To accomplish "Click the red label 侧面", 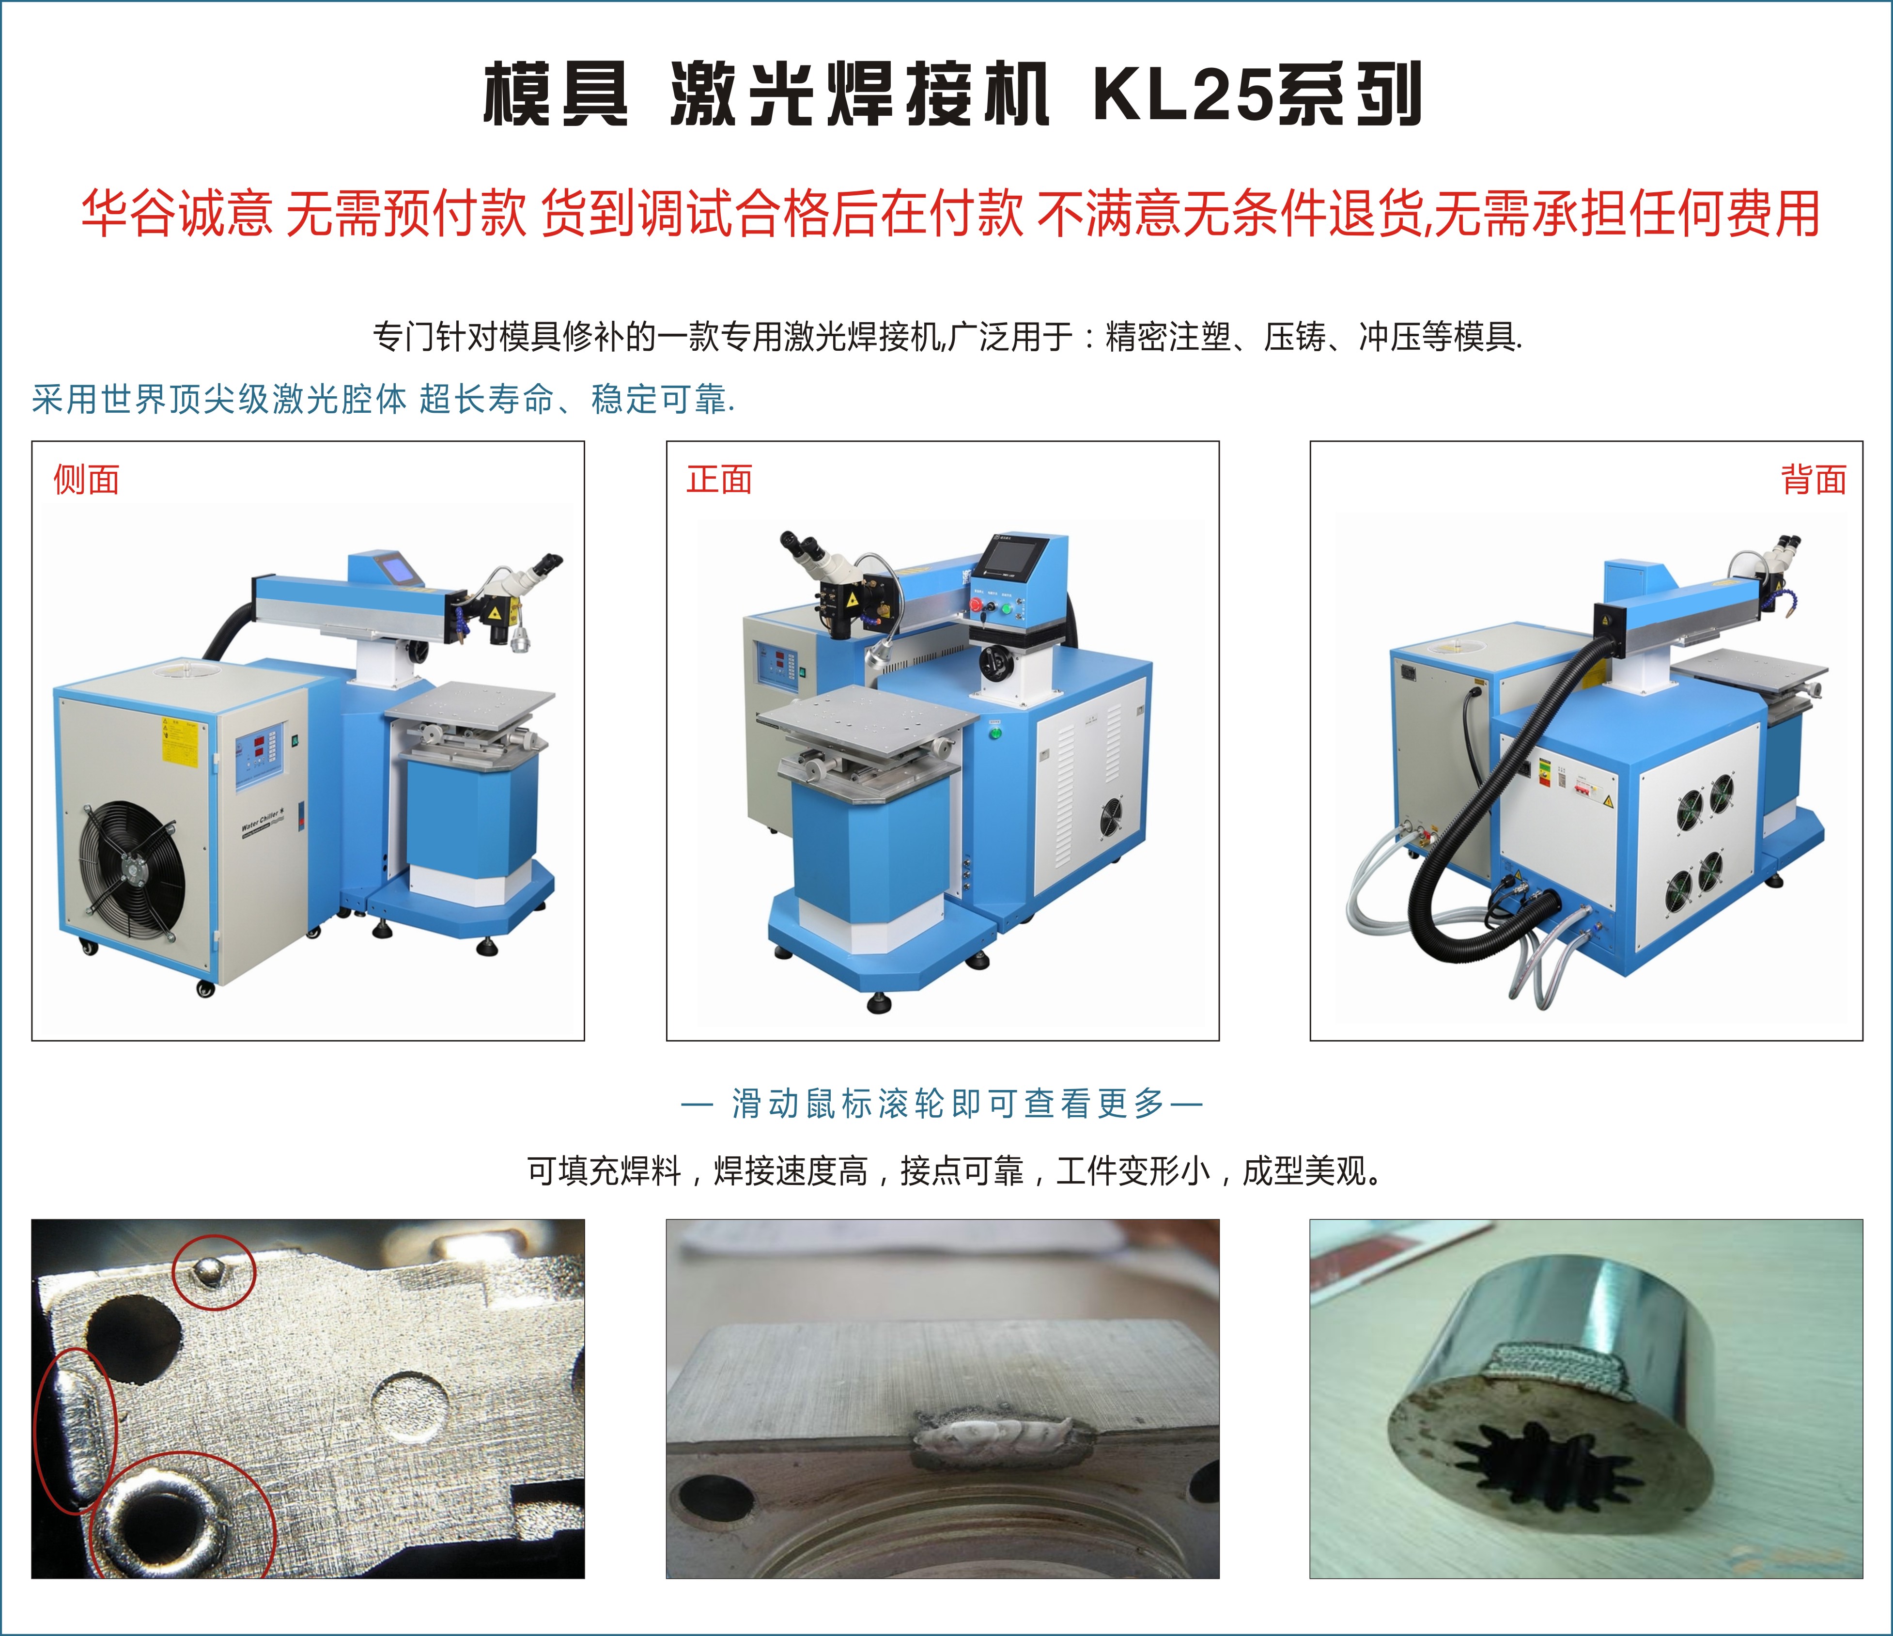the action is pos(87,479).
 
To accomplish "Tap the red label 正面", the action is pos(720,479).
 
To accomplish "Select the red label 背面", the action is pos(1814,479).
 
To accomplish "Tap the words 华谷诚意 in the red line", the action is pos(177,214).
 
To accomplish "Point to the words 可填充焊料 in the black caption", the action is pos(604,1171).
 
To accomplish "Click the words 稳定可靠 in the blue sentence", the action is pos(659,399).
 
